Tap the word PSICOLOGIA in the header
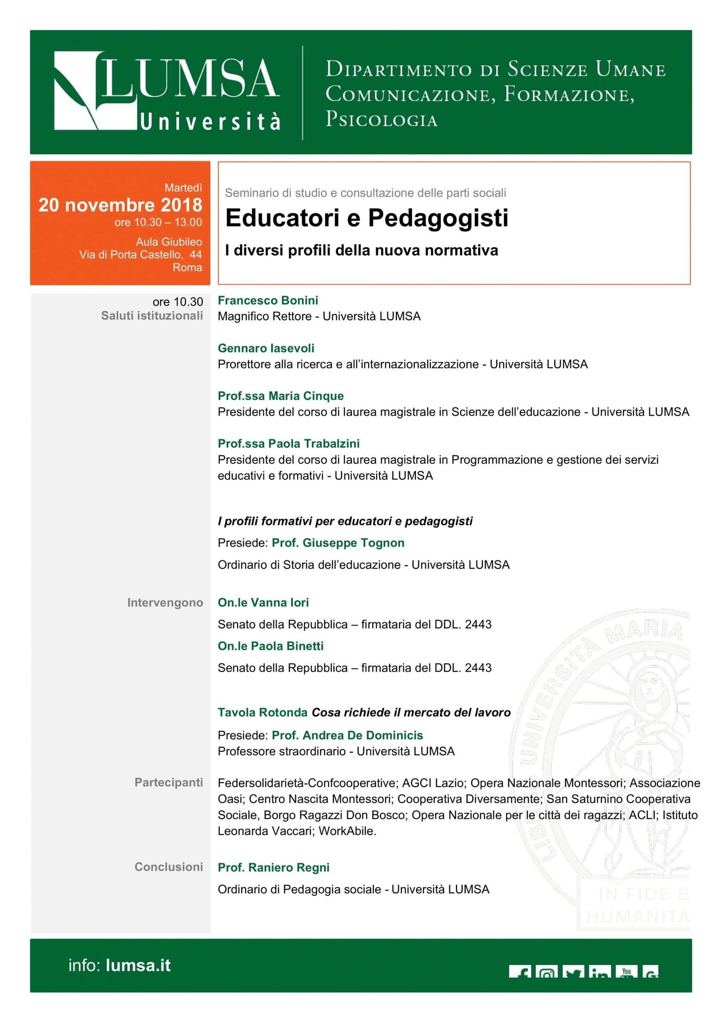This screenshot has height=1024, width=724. pyautogui.click(x=381, y=119)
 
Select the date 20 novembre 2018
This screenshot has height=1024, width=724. pyautogui.click(x=120, y=205)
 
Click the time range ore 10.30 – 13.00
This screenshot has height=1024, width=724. pyautogui.click(x=158, y=223)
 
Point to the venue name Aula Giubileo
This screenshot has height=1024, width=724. pyautogui.click(x=169, y=242)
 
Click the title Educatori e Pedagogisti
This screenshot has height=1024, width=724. pyautogui.click(x=367, y=218)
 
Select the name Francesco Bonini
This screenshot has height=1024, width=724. pyautogui.click(x=268, y=300)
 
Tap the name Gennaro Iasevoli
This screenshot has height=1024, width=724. pyautogui.click(x=266, y=348)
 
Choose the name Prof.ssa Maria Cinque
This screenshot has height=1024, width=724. pyautogui.click(x=281, y=396)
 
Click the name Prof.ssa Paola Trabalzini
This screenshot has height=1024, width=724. pyautogui.click(x=289, y=443)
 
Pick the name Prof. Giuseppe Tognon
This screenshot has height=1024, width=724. pyautogui.click(x=338, y=543)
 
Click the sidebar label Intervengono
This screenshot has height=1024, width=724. pyautogui.click(x=165, y=603)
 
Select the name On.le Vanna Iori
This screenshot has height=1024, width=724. pyautogui.click(x=263, y=603)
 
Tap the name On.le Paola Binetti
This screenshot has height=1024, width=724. pyautogui.click(x=271, y=646)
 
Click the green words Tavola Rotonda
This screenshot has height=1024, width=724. pyautogui.click(x=262, y=713)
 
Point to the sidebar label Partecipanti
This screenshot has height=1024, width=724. pyautogui.click(x=168, y=782)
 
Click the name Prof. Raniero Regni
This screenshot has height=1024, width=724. pyautogui.click(x=273, y=867)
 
